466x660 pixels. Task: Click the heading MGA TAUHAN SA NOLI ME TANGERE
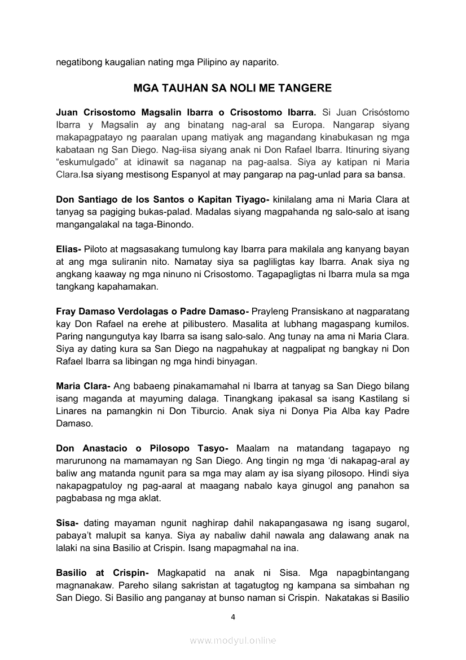coord(232,88)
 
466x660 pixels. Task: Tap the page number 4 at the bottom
coord(233,617)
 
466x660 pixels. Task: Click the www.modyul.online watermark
coord(233,641)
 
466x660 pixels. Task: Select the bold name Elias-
coord(69,249)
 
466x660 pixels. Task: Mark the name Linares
coord(73,411)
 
